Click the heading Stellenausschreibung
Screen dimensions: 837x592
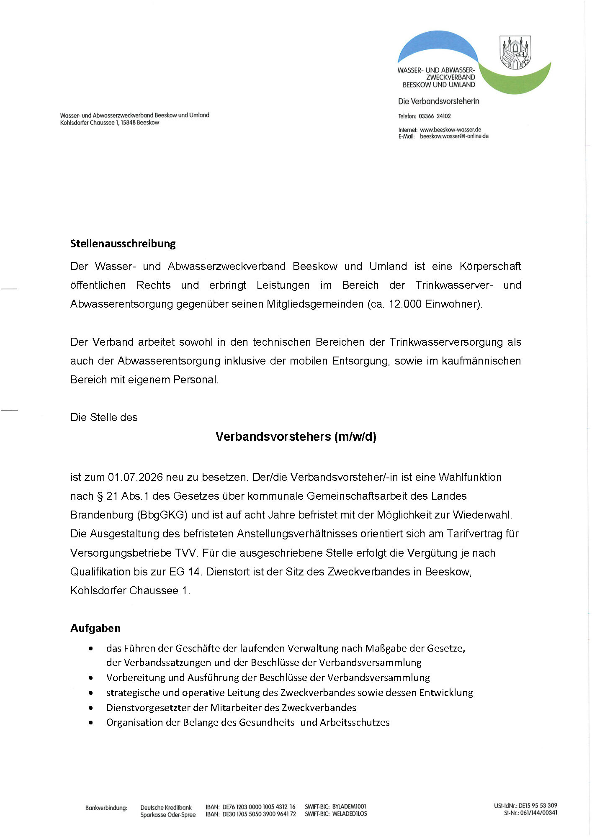[123, 244]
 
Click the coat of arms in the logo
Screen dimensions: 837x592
[515, 52]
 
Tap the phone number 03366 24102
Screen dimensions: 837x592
[435, 116]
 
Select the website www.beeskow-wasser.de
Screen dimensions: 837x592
[450, 130]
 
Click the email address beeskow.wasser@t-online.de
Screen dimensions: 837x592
[454, 136]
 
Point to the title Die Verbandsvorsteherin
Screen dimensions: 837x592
[438, 101]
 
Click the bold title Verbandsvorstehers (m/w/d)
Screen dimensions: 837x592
[296, 436]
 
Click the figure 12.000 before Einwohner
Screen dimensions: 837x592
[405, 304]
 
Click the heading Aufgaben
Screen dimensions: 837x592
[95, 628]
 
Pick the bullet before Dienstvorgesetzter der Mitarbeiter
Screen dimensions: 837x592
[91, 708]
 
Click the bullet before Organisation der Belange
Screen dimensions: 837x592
[91, 722]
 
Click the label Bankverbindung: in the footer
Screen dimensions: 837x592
[106, 808]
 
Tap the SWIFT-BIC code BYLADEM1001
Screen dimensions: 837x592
[349, 806]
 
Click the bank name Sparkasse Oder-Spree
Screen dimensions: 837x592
[168, 814]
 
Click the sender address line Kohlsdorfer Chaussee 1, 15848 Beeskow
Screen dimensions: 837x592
[110, 123]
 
